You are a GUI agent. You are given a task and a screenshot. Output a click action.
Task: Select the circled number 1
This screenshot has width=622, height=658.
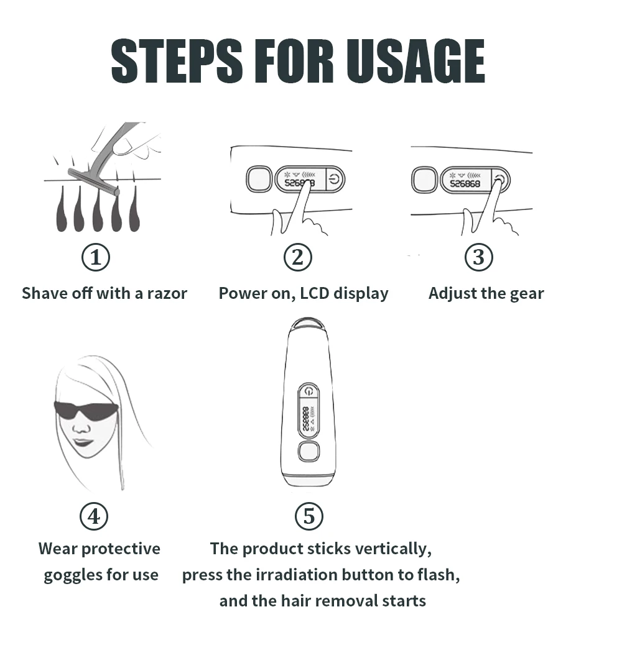[96, 257]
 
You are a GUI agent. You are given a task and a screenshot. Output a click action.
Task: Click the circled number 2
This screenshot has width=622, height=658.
[297, 257]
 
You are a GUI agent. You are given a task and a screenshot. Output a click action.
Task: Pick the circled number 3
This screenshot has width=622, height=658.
[478, 257]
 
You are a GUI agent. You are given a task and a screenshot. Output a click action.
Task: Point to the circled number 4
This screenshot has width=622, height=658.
[94, 516]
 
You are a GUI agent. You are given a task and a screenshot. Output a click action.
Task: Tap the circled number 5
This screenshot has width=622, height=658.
[309, 516]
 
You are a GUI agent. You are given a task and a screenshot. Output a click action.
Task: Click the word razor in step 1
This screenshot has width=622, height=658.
[167, 293]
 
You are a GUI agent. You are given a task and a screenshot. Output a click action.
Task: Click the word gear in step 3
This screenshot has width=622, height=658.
[526, 293]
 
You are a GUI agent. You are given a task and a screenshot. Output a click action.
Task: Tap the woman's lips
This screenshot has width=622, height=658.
[83, 442]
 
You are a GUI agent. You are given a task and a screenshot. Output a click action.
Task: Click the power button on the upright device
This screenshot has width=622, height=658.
[309, 391]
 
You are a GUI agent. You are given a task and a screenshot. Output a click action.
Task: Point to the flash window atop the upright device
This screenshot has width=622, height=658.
[309, 324]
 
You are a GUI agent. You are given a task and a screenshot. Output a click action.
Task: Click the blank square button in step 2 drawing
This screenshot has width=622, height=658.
[258, 180]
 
